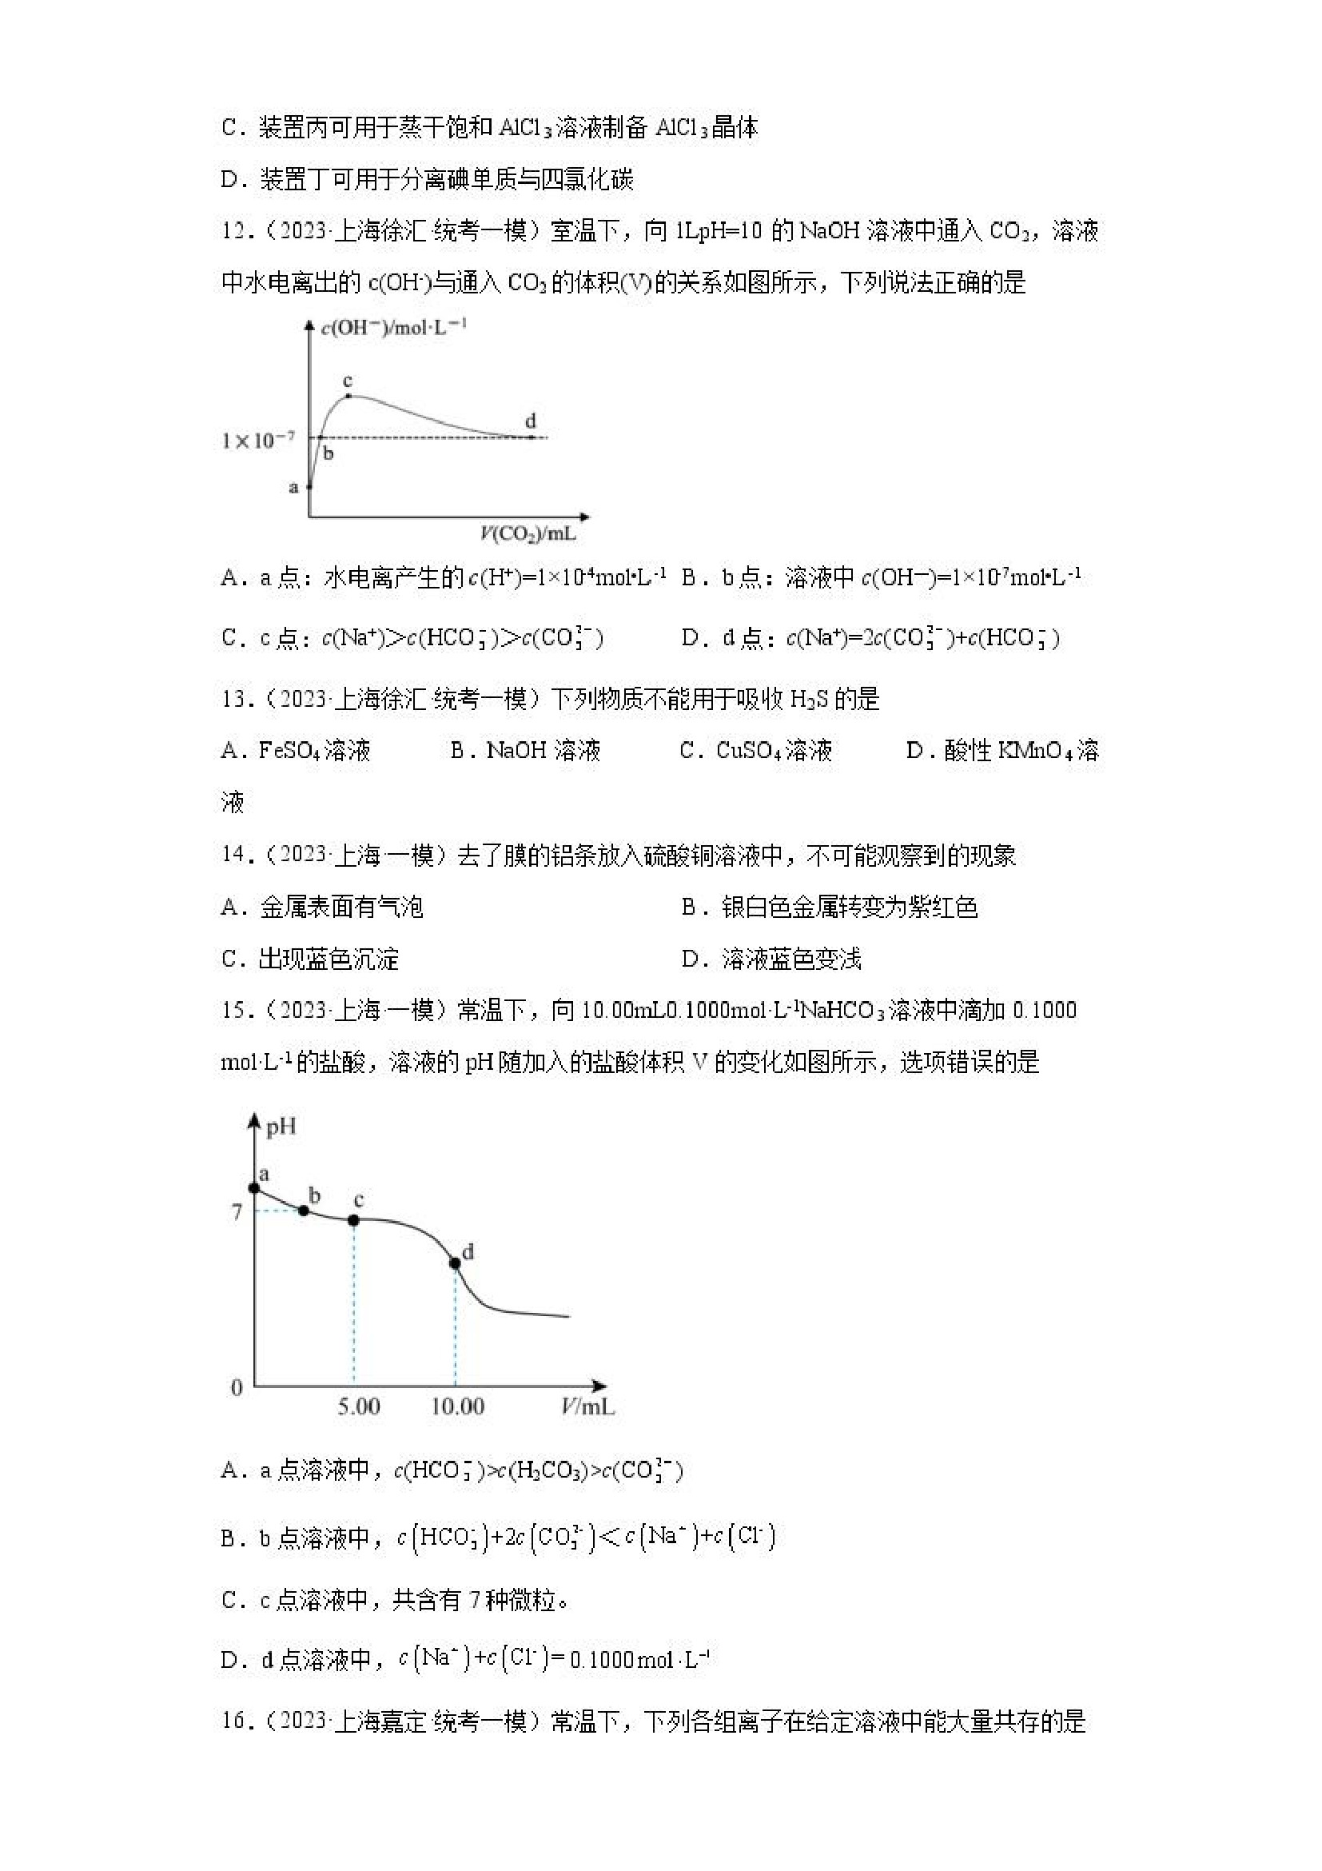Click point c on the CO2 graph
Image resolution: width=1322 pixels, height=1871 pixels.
pyautogui.click(x=348, y=396)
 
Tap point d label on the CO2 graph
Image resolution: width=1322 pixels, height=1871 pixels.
pyautogui.click(x=530, y=421)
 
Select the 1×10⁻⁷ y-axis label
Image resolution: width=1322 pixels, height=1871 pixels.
pyautogui.click(x=257, y=441)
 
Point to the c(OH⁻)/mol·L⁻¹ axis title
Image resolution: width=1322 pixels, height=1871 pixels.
pyautogui.click(x=393, y=328)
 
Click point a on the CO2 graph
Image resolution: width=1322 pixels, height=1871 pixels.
pyautogui.click(x=309, y=487)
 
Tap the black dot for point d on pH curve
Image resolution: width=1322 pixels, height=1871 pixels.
pyautogui.click(x=456, y=1263)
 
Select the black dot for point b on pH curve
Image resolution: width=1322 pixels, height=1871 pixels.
pyautogui.click(x=304, y=1210)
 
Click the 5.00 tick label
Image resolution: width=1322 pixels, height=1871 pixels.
pyautogui.click(x=358, y=1406)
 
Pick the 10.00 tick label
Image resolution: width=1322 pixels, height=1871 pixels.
pyautogui.click(x=457, y=1406)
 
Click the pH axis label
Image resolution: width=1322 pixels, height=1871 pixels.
pyautogui.click(x=281, y=1127)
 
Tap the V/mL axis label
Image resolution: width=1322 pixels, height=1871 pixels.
pyautogui.click(x=587, y=1406)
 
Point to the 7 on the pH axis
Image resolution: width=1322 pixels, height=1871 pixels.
pyautogui.click(x=237, y=1211)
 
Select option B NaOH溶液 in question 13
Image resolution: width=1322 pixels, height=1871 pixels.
pyautogui.click(x=525, y=751)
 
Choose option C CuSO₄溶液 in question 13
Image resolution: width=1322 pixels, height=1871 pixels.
pyautogui.click(x=756, y=751)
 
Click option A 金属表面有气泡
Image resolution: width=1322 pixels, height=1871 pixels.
pyautogui.click(x=322, y=907)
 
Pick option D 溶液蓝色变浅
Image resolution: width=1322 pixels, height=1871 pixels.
pyautogui.click(x=771, y=959)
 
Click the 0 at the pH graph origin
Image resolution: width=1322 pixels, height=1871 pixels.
pyautogui.click(x=237, y=1388)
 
